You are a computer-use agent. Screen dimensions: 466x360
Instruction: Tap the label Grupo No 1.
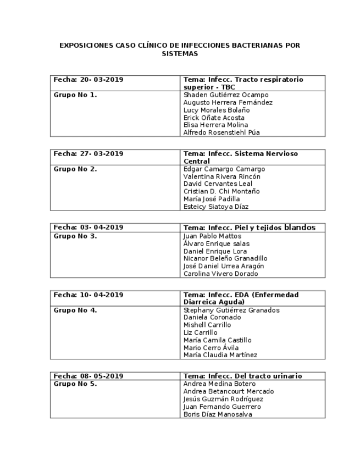coord(75,95)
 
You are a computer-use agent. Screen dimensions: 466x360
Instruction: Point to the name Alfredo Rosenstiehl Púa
coord(221,132)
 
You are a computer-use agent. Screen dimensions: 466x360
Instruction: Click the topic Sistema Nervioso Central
coord(241,158)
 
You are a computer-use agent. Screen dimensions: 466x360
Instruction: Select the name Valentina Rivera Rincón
coord(221,177)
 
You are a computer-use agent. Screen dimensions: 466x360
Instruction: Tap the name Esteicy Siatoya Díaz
coord(215,207)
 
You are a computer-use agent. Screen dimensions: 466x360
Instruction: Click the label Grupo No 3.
coord(75,236)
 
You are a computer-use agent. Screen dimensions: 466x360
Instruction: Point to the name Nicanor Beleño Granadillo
coord(225,258)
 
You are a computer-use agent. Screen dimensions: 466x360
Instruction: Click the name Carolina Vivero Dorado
coord(220,274)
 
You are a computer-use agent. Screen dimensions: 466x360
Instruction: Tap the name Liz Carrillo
coord(200,332)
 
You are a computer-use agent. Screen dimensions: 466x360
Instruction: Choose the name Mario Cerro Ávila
coord(211,347)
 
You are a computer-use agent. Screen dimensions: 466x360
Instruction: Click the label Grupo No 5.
coord(75,384)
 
